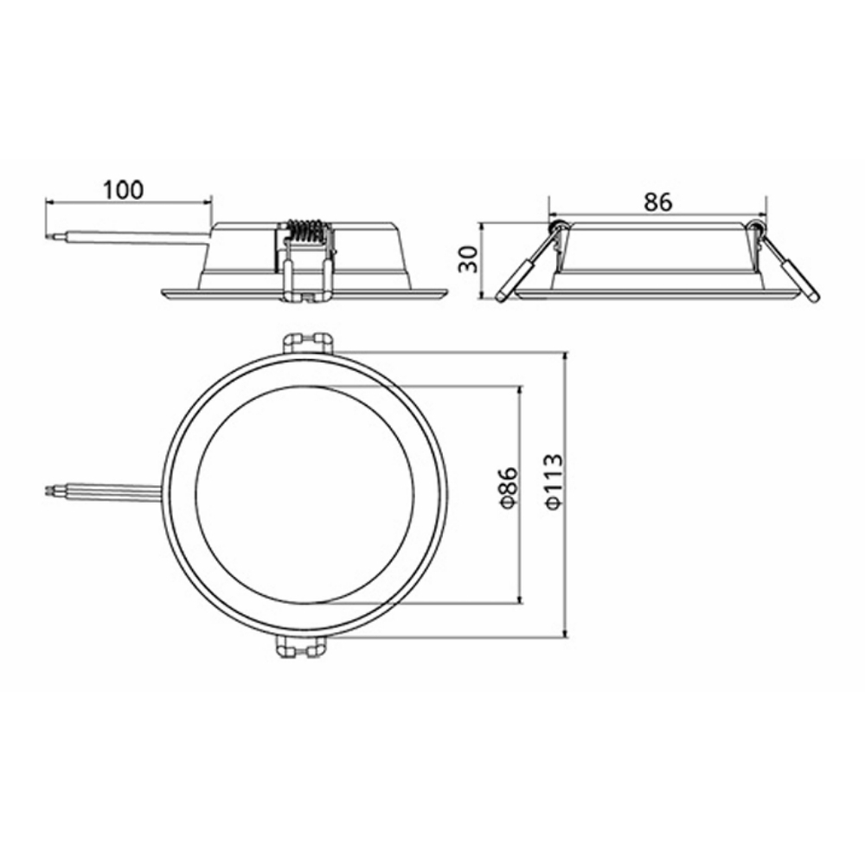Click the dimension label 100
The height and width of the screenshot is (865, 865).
click(124, 189)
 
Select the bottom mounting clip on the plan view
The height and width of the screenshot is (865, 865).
click(302, 647)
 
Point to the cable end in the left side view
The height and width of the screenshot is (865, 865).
click(51, 234)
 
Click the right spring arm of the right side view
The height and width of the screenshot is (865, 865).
click(792, 269)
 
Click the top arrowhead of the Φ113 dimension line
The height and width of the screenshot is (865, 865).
click(565, 356)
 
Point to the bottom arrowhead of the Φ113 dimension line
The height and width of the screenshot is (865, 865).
click(565, 634)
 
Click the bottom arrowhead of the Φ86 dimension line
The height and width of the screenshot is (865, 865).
click(520, 599)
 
